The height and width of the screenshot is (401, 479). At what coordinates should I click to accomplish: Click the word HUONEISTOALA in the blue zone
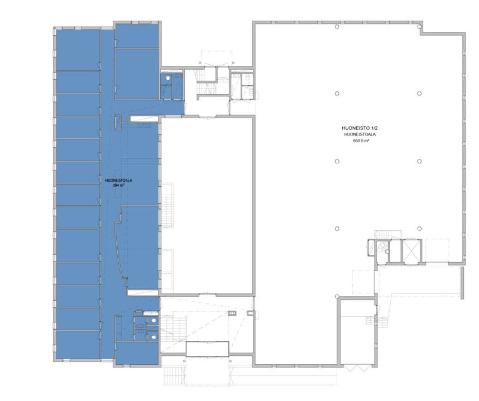point(118,180)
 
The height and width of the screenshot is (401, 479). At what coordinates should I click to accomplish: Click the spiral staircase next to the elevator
point(383,247)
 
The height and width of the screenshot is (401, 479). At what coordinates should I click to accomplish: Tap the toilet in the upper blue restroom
point(167,79)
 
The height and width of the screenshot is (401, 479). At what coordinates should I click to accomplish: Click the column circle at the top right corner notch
point(419,27)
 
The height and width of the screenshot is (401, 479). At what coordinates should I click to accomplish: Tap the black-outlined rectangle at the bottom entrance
point(208,349)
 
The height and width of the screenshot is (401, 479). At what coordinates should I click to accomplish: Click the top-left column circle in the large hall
point(337,27)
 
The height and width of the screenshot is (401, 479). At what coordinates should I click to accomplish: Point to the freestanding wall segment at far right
point(462,283)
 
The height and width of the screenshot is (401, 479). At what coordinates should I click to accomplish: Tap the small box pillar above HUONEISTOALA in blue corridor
point(118,122)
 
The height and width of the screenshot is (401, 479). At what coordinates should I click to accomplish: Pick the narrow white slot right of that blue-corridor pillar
point(144,118)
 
